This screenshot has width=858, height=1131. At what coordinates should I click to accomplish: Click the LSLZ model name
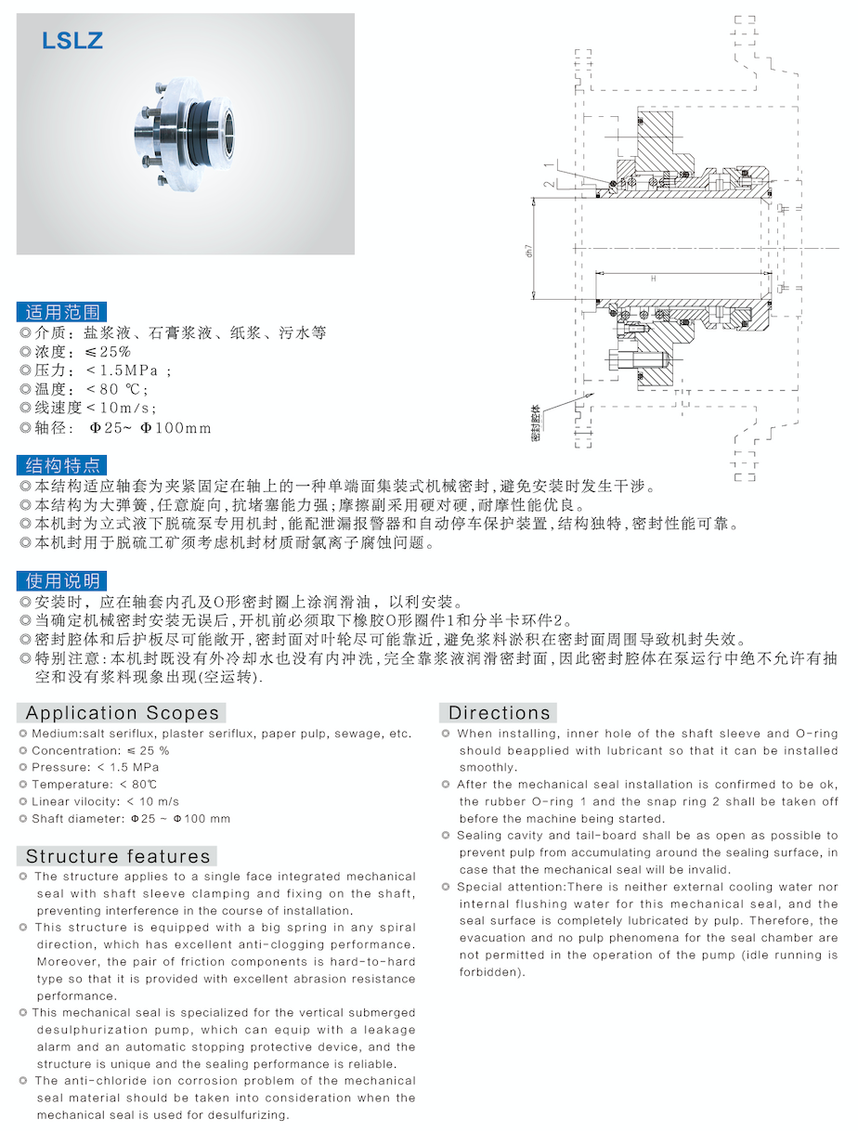72,41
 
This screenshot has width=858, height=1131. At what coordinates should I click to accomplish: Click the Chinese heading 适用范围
62,311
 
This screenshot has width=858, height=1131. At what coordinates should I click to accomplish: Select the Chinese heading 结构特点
62,465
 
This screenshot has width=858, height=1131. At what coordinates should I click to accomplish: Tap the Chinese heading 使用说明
62,581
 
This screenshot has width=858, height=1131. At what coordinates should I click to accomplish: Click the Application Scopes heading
122,713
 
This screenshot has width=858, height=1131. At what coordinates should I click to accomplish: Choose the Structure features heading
118,856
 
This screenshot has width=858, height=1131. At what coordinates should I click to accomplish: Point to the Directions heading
500,713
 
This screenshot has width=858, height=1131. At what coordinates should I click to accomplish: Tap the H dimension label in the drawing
653,279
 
